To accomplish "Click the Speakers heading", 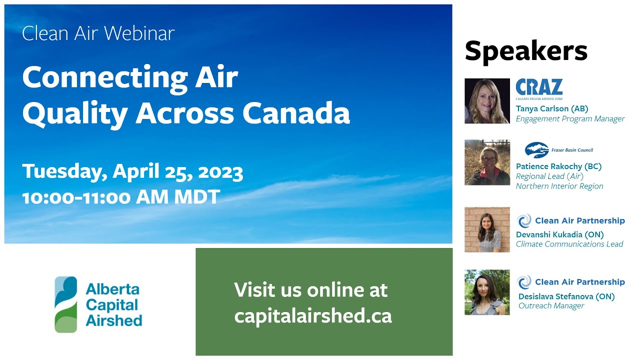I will click(526, 51).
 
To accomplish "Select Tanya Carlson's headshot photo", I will click(487, 101).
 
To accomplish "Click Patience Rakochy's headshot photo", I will click(487, 162).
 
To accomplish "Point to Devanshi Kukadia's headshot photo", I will click(487, 229).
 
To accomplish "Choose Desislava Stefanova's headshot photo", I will click(487, 292).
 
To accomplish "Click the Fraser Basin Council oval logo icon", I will click(536, 149).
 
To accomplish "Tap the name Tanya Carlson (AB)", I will click(552, 108).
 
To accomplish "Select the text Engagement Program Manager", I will click(570, 119).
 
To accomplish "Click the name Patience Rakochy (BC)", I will click(558, 166).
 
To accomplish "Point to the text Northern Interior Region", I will click(559, 186).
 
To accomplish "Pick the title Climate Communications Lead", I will click(569, 244).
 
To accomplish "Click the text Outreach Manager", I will click(551, 306).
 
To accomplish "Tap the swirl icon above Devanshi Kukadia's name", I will click(524, 220).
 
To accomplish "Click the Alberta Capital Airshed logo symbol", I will click(66, 304).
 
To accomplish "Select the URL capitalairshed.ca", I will click(313, 315).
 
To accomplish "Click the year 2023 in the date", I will click(220, 172).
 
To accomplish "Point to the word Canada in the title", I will click(296, 113).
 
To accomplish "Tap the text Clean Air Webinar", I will click(98, 33).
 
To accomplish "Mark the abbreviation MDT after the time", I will click(197, 196).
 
